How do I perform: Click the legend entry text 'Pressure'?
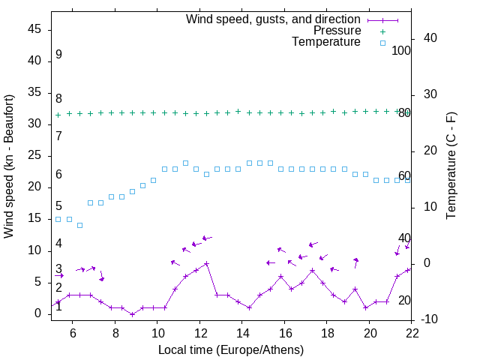(x=337, y=31)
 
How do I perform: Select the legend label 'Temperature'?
(x=326, y=43)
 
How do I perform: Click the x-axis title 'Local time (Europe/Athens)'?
(x=231, y=350)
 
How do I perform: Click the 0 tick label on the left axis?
(x=39, y=314)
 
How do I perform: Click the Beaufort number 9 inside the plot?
(x=58, y=55)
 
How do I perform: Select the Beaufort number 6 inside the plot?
(x=58, y=175)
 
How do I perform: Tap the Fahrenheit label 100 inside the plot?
(x=401, y=50)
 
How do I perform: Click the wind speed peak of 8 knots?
(x=206, y=263)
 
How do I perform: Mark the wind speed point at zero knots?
(x=132, y=314)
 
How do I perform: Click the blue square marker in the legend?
(x=382, y=43)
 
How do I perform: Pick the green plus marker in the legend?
(x=382, y=31)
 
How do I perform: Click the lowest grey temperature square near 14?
(x=79, y=225)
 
